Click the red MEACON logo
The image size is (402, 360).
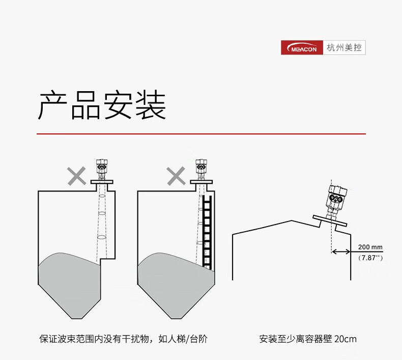pos(302,48)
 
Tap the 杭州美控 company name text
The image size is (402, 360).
pos(344,48)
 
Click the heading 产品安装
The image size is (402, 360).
pos(102,105)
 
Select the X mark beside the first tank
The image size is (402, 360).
pos(77,176)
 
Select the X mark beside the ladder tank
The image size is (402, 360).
pos(176,176)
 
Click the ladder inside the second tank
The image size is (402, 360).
pos(207,232)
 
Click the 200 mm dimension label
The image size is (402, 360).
pos(370,247)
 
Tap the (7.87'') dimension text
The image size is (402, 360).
pos(370,258)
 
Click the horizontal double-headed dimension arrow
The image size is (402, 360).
pos(340,251)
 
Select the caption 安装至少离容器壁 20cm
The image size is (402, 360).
pos(308,339)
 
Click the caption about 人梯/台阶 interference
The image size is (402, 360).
pos(123,339)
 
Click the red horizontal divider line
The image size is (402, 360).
pos(201,133)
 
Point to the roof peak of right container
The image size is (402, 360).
pos(292,220)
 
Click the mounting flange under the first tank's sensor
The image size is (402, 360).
pos(101,181)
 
